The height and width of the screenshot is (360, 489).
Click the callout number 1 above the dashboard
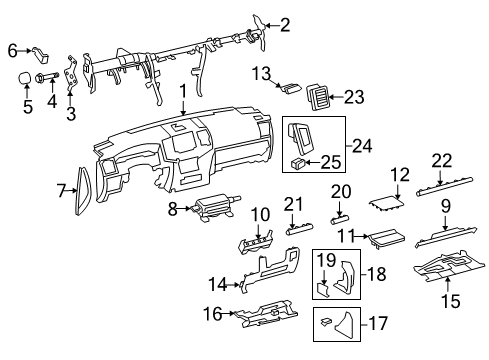pyautogui.click(x=182, y=92)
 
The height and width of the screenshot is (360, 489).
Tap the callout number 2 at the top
pyautogui.click(x=257, y=25)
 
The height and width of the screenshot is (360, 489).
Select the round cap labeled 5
pyautogui.click(x=21, y=75)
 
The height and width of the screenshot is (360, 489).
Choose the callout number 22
pyautogui.click(x=441, y=161)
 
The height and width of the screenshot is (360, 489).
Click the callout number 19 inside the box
pyautogui.click(x=326, y=262)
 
